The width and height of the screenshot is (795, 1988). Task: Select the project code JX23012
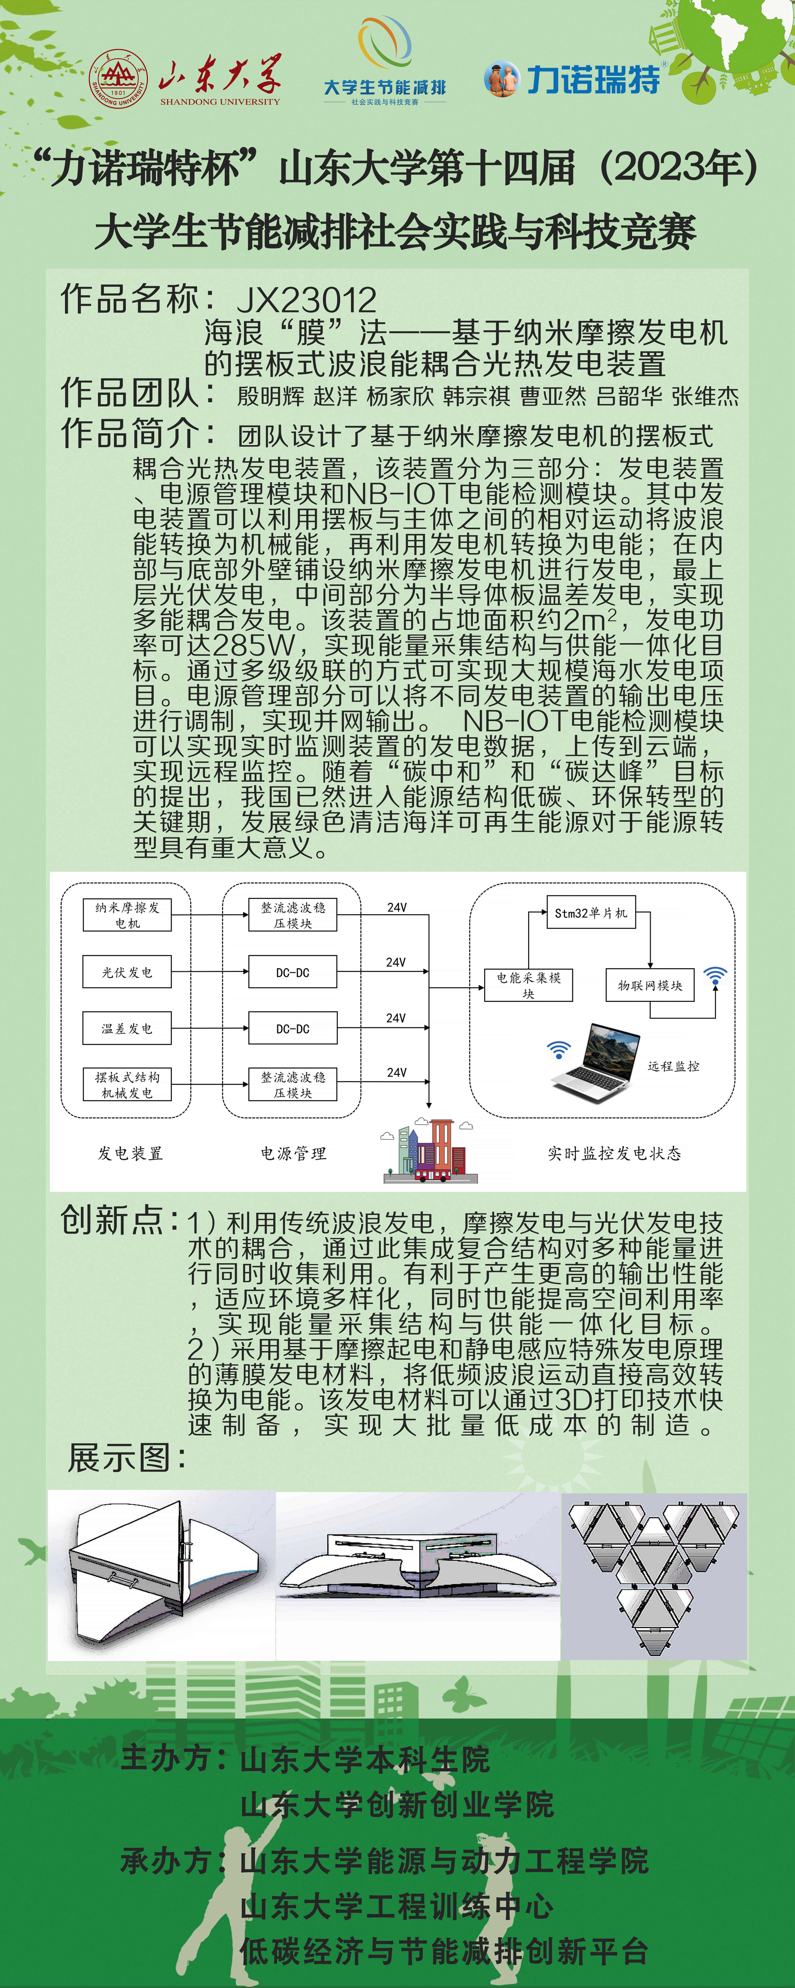coord(306,299)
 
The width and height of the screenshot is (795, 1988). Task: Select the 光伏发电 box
coord(127,972)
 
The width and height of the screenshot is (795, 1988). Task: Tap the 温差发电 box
coord(127,1029)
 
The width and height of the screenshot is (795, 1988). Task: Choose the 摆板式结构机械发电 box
coord(127,1084)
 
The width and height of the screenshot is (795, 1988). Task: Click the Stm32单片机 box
coord(591,913)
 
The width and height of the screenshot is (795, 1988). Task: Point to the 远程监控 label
coord(673,1066)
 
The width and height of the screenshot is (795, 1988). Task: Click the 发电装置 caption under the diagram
coord(130,1153)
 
